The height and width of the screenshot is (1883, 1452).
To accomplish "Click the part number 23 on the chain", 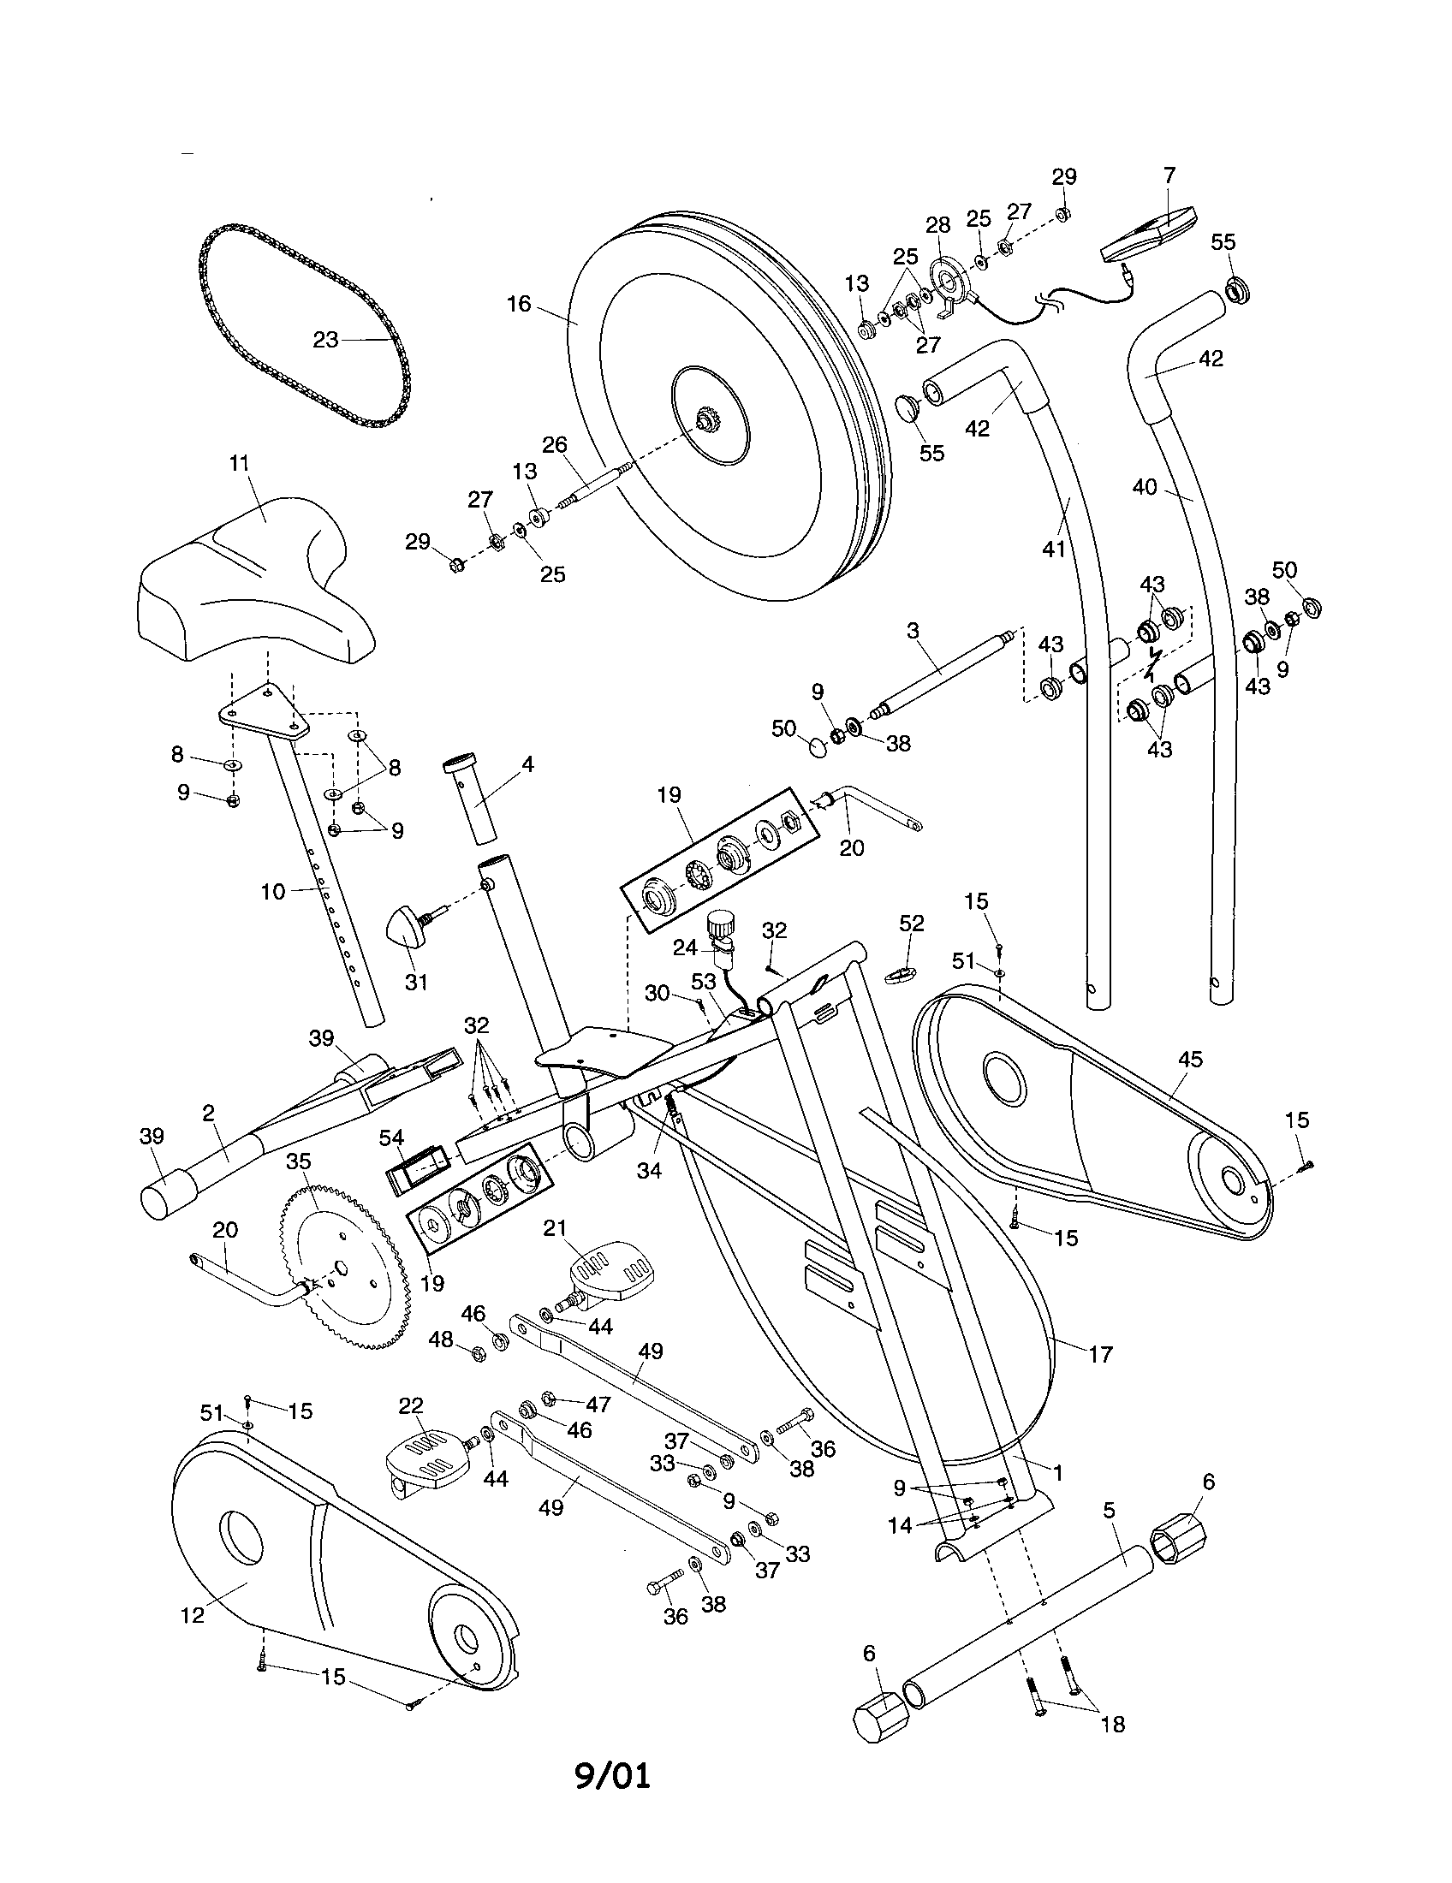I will (324, 340).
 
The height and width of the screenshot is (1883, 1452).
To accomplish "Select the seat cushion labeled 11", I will (255, 586).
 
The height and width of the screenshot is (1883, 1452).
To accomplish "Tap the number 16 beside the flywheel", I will (519, 305).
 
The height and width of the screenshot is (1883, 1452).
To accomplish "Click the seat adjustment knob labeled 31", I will (406, 929).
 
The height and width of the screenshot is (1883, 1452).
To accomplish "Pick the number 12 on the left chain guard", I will (193, 1615).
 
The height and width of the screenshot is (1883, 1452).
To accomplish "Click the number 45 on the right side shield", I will (1190, 1060).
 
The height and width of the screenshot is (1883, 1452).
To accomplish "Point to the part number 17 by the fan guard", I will (1101, 1354).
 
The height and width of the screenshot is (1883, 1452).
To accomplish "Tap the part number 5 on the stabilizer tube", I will (1110, 1510).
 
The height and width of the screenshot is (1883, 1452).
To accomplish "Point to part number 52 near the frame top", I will (912, 924).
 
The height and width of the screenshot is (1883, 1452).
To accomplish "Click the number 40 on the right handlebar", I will (1144, 487).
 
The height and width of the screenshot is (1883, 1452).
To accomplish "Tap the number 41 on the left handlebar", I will (1055, 549).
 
